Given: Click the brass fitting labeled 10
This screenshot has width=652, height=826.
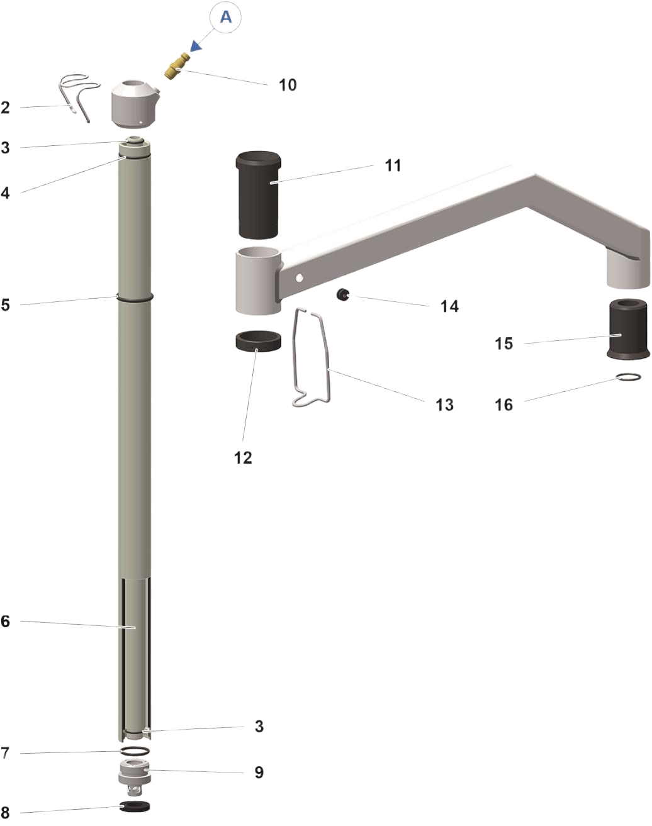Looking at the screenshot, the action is click(x=177, y=66).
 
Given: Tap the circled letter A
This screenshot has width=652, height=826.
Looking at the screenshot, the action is click(x=226, y=17).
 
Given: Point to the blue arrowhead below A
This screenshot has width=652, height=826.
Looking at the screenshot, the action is click(x=196, y=46).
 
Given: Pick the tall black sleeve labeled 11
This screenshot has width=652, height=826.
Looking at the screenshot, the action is click(x=259, y=194).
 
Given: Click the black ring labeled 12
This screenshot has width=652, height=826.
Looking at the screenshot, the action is click(x=259, y=341).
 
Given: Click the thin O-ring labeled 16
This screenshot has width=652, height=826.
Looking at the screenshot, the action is click(x=628, y=377).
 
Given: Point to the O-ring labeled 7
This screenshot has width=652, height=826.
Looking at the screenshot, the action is click(x=135, y=750).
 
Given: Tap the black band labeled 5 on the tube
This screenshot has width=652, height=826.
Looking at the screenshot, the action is click(x=135, y=297).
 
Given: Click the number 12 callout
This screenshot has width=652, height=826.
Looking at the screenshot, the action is click(x=243, y=457).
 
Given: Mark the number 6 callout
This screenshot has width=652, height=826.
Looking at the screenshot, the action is click(x=6, y=622).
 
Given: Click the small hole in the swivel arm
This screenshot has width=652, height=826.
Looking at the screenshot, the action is click(x=300, y=277).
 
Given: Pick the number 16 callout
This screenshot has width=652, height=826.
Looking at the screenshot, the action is click(x=503, y=405).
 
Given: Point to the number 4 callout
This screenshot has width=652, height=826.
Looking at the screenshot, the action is click(x=6, y=193).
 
